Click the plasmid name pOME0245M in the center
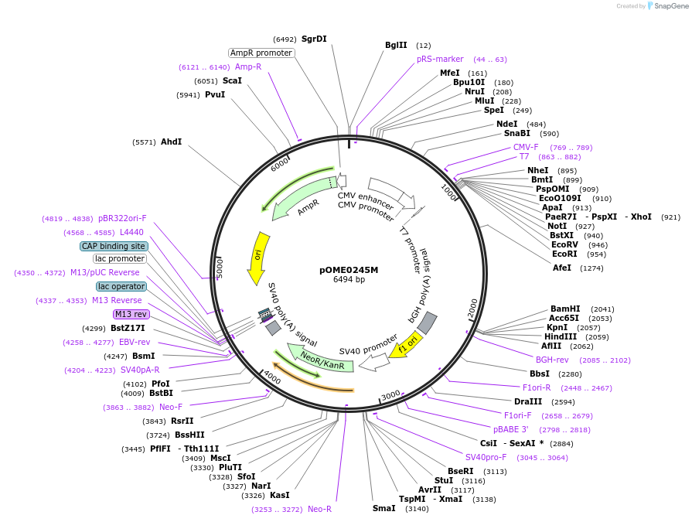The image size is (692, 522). tap(349, 270)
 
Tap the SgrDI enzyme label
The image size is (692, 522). tap(314, 39)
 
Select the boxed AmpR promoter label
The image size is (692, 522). tap(261, 53)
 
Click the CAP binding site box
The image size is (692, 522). tap(114, 246)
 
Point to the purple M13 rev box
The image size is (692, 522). tap(131, 314)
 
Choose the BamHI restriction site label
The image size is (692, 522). tap(565, 308)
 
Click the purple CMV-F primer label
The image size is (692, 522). tap(526, 147)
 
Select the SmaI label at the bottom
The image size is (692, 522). tap(383, 508)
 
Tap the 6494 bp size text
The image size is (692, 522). tap(349, 279)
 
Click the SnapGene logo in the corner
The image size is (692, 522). tap(666, 6)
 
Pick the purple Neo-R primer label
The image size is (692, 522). tap(319, 509)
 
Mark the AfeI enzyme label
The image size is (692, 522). tap(562, 268)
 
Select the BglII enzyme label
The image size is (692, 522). tap(396, 45)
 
